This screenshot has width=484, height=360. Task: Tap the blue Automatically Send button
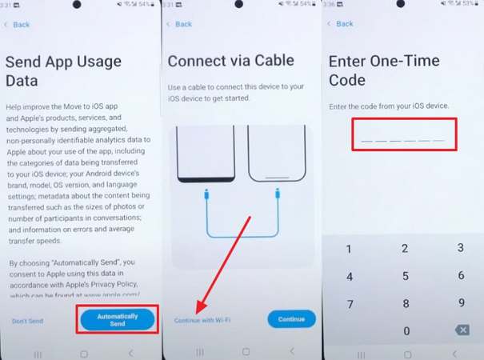click(118, 319)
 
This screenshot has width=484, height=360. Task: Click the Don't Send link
click(27, 321)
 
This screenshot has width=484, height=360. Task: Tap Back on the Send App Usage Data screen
click(18, 25)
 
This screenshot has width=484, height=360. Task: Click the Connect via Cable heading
click(231, 60)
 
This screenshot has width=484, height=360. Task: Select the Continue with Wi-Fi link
click(202, 320)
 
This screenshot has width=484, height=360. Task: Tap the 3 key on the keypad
click(460, 248)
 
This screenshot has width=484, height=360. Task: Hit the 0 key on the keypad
click(406, 331)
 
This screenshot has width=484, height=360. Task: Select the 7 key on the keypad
click(349, 305)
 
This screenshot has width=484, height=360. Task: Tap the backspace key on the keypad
click(461, 330)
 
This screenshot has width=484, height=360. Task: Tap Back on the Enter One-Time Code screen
click(342, 24)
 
